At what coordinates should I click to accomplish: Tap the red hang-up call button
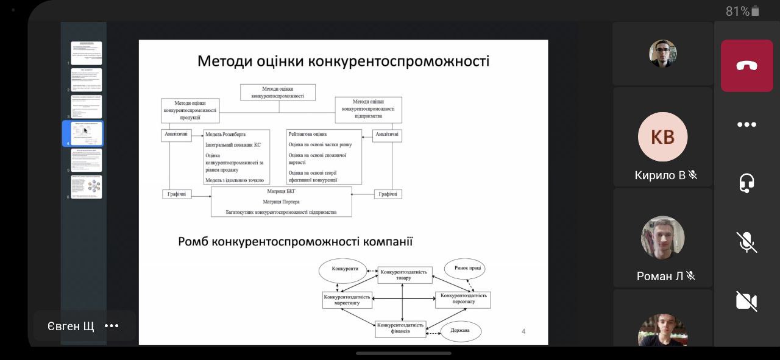click(x=746, y=66)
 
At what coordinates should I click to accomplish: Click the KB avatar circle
click(x=662, y=137)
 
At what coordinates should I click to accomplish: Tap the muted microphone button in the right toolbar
click(x=746, y=242)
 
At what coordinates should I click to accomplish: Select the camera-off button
click(x=746, y=301)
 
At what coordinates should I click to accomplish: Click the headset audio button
click(x=746, y=183)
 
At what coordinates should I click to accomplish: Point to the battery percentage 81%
click(x=737, y=11)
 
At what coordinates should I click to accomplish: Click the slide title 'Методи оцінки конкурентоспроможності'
click(x=343, y=62)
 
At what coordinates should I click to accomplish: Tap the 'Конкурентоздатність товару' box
click(x=404, y=275)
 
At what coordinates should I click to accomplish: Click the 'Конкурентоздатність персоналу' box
click(x=462, y=299)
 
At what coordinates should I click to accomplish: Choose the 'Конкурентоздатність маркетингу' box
click(x=347, y=300)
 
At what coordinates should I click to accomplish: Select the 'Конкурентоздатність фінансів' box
click(x=400, y=329)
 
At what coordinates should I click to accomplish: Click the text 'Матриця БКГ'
click(x=281, y=191)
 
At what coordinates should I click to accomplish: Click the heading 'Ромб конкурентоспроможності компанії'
click(x=295, y=242)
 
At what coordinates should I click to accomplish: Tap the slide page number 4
click(x=523, y=331)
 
